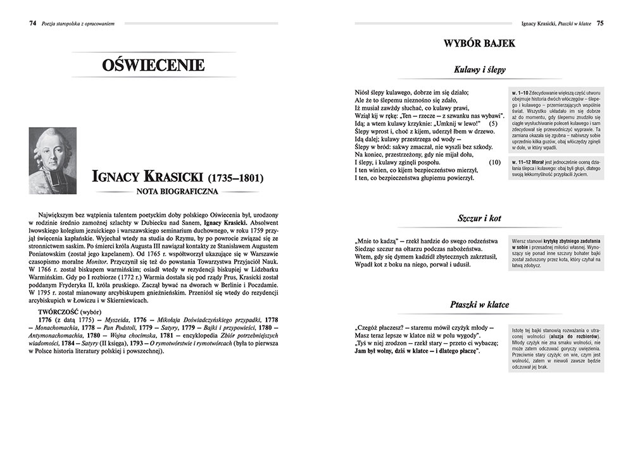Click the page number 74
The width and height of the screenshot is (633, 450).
[32, 23]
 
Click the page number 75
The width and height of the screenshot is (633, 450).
[599, 23]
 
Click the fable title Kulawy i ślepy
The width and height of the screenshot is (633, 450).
[480, 70]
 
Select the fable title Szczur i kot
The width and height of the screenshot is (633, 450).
[479, 218]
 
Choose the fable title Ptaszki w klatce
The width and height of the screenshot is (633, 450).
[479, 304]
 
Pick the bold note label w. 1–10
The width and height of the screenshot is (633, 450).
[522, 92]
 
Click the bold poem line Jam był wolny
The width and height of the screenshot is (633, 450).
[418, 351]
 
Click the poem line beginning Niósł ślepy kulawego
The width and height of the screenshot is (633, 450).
[418, 92]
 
